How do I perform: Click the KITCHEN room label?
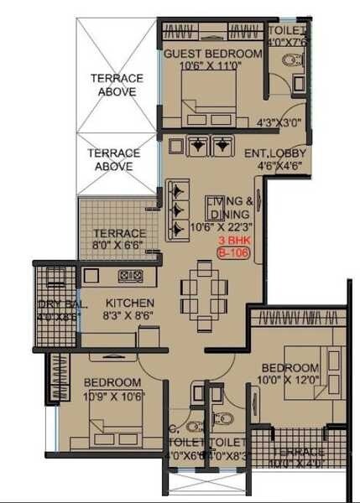pos(129,303)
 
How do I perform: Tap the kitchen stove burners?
pos(130,274)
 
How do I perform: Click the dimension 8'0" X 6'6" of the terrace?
pos(118,246)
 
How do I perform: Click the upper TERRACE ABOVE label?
pos(117,85)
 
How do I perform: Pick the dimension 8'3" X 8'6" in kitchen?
pos(128,317)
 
